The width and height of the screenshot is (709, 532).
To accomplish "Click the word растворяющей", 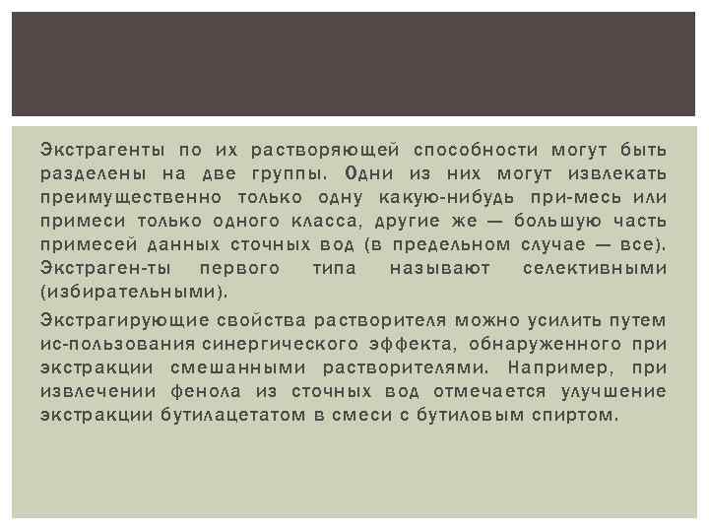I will (324, 150).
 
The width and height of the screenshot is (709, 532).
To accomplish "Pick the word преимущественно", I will (114, 197).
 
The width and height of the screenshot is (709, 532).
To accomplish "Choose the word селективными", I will (594, 268).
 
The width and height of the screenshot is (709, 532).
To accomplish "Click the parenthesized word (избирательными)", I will (133, 292).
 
